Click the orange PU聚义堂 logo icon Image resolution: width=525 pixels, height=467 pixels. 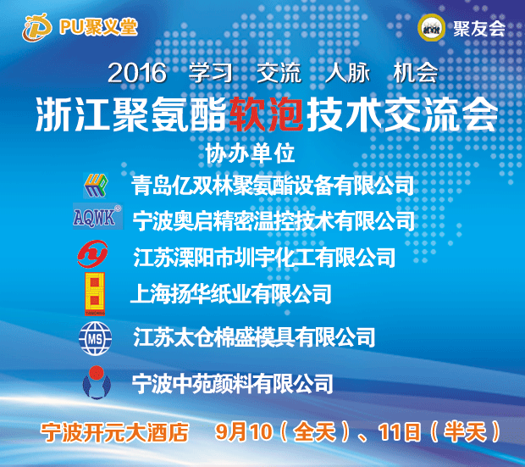coord(36,27)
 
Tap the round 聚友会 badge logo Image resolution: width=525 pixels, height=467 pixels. coord(432,28)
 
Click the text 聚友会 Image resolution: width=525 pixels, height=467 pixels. coord(479,29)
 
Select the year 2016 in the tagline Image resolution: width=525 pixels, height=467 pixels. coord(137,73)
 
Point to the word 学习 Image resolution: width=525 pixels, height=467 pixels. coord(211,72)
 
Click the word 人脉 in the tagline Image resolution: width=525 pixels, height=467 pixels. coord(347,72)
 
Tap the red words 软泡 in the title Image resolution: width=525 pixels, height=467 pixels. coord(267,114)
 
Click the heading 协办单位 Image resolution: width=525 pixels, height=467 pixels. coord(250,153)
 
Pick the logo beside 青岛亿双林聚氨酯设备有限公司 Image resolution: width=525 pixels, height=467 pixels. coord(96,186)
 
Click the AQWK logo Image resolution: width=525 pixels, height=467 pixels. coord(97,217)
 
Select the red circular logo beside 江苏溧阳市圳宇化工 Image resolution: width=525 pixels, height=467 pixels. coord(93,253)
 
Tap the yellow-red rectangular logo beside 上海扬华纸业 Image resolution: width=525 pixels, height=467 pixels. coord(95,294)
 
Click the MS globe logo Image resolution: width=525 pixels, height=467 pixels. coord(95,339)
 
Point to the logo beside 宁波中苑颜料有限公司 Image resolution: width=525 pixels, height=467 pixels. coord(97,382)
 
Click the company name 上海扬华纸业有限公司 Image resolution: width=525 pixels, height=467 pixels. coord(230,294)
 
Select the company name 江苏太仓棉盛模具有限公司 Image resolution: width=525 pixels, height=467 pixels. coord(254,337)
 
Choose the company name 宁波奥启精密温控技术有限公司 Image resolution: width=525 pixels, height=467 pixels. coord(274,220)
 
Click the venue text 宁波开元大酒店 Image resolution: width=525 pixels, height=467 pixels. coord(115,432)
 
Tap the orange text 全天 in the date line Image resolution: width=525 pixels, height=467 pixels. coord(315,432)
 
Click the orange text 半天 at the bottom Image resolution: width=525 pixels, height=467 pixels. coord(465,432)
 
